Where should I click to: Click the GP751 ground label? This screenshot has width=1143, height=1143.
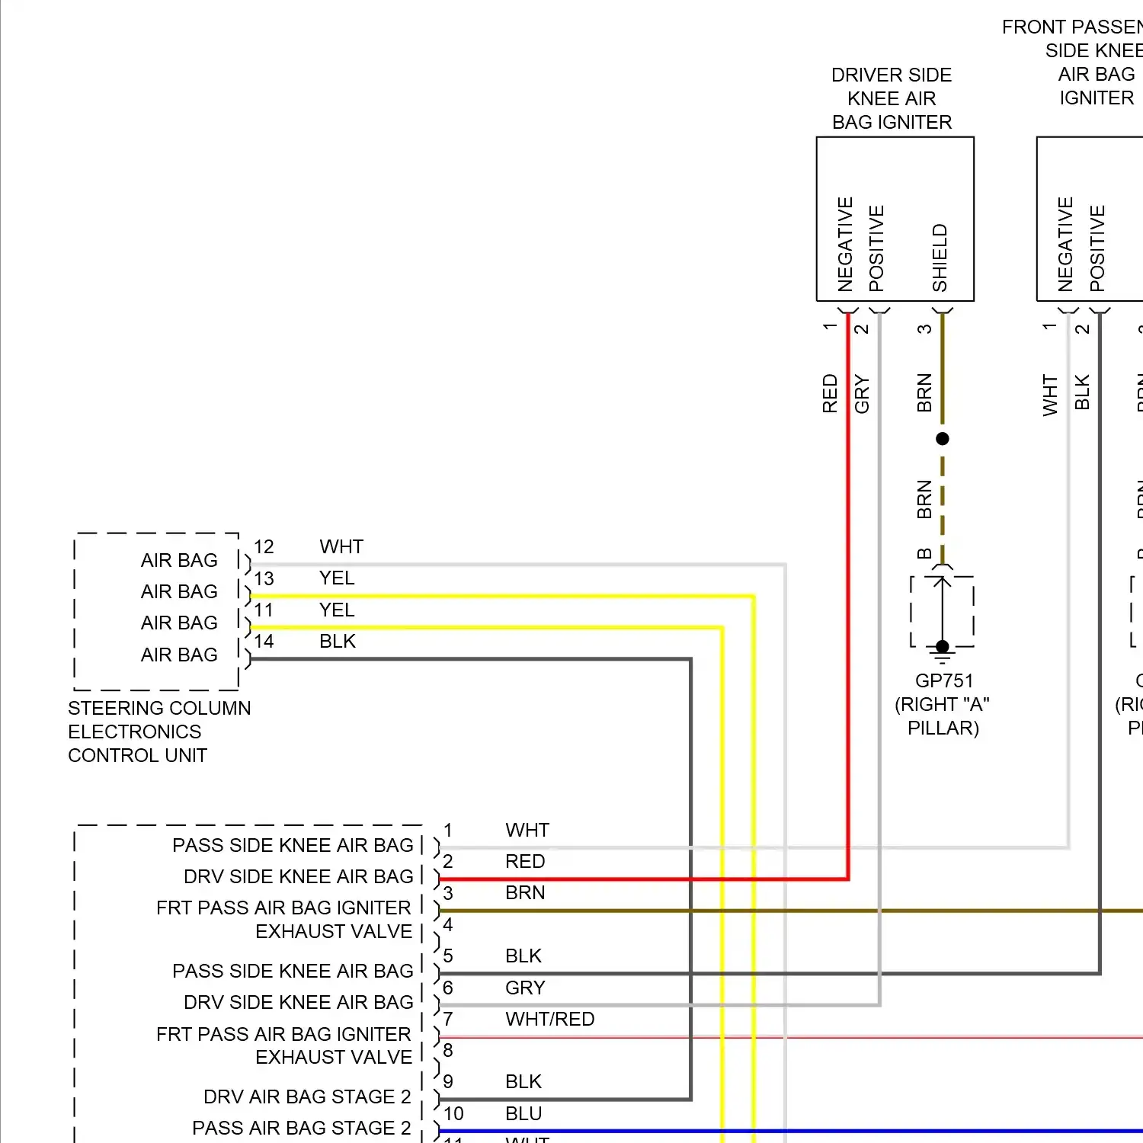click(x=943, y=680)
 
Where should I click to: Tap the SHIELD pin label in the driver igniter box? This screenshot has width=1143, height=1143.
click(x=940, y=258)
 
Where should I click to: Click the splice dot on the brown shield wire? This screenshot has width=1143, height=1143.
click(x=943, y=439)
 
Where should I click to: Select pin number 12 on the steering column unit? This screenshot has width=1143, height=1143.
click(x=264, y=547)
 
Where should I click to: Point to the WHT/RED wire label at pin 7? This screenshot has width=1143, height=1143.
click(x=549, y=1019)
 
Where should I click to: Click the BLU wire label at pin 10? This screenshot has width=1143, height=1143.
click(x=523, y=1113)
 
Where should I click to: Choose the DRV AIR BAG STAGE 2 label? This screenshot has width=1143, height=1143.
click(x=307, y=1097)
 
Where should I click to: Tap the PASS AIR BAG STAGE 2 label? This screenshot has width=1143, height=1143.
click(x=301, y=1128)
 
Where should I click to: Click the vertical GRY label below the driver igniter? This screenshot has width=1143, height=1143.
click(x=862, y=393)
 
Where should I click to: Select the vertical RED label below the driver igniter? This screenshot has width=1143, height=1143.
click(x=830, y=393)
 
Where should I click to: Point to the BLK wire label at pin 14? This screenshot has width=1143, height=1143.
click(x=338, y=642)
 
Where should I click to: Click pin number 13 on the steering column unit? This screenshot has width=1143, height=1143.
click(x=264, y=578)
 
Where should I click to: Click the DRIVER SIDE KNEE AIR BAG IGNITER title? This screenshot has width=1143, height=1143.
click(x=892, y=98)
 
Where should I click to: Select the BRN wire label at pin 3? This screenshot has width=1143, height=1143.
click(x=525, y=892)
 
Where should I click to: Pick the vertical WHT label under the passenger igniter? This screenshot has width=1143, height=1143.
click(x=1050, y=395)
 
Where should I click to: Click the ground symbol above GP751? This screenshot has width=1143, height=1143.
click(x=943, y=651)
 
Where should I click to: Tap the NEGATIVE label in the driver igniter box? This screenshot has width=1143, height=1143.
click(x=845, y=244)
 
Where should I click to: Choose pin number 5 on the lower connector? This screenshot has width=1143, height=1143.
click(x=448, y=956)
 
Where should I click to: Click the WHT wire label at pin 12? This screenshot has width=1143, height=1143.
click(x=341, y=547)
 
